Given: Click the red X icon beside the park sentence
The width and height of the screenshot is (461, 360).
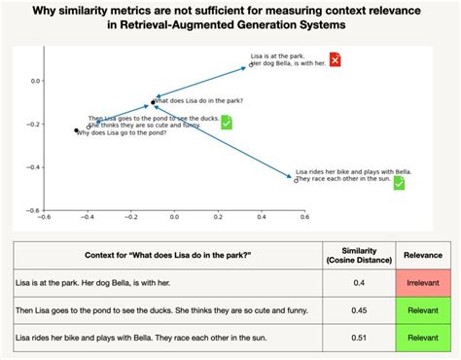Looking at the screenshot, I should [x=336, y=60].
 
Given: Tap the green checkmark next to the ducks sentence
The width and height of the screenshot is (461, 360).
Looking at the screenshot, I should [x=226, y=122].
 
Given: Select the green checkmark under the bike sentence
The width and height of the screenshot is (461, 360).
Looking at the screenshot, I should [x=399, y=183].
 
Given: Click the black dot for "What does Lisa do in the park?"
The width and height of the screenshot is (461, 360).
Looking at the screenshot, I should [x=154, y=100].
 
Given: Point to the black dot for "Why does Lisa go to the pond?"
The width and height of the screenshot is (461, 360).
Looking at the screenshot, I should [x=76, y=130].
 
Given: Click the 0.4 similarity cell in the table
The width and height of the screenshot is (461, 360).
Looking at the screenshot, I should [x=359, y=282].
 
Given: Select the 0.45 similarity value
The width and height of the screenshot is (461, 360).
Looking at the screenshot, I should [x=359, y=310].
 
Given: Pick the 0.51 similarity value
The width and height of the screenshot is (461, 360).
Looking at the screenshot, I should [x=359, y=338].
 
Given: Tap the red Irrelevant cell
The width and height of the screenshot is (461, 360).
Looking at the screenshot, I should [x=423, y=282].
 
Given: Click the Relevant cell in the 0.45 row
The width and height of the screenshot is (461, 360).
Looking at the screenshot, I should [x=423, y=310].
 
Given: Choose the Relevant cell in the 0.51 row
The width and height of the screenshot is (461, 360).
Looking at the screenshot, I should [x=423, y=338].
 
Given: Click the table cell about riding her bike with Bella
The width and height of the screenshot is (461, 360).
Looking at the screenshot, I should [x=122, y=338].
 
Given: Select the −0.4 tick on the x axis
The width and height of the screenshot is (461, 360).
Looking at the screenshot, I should [x=87, y=217].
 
